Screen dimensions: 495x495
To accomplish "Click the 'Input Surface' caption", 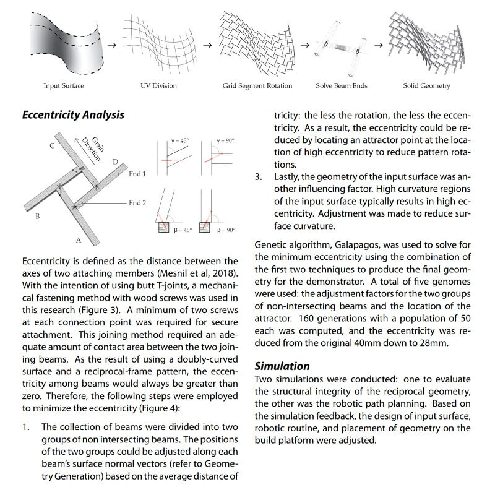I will pyautogui.click(x=63, y=85).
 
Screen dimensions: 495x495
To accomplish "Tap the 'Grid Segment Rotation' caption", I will pyautogui.click(x=257, y=85).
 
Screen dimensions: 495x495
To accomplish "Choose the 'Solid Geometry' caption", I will pyautogui.click(x=426, y=85).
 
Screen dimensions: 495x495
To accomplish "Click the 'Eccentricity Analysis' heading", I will pyautogui.click(x=73, y=115).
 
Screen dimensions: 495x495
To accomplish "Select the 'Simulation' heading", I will pyautogui.click(x=282, y=366).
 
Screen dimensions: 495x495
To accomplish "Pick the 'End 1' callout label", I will pyautogui.click(x=137, y=174).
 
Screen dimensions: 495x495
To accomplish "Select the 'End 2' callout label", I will pyautogui.click(x=137, y=202).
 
